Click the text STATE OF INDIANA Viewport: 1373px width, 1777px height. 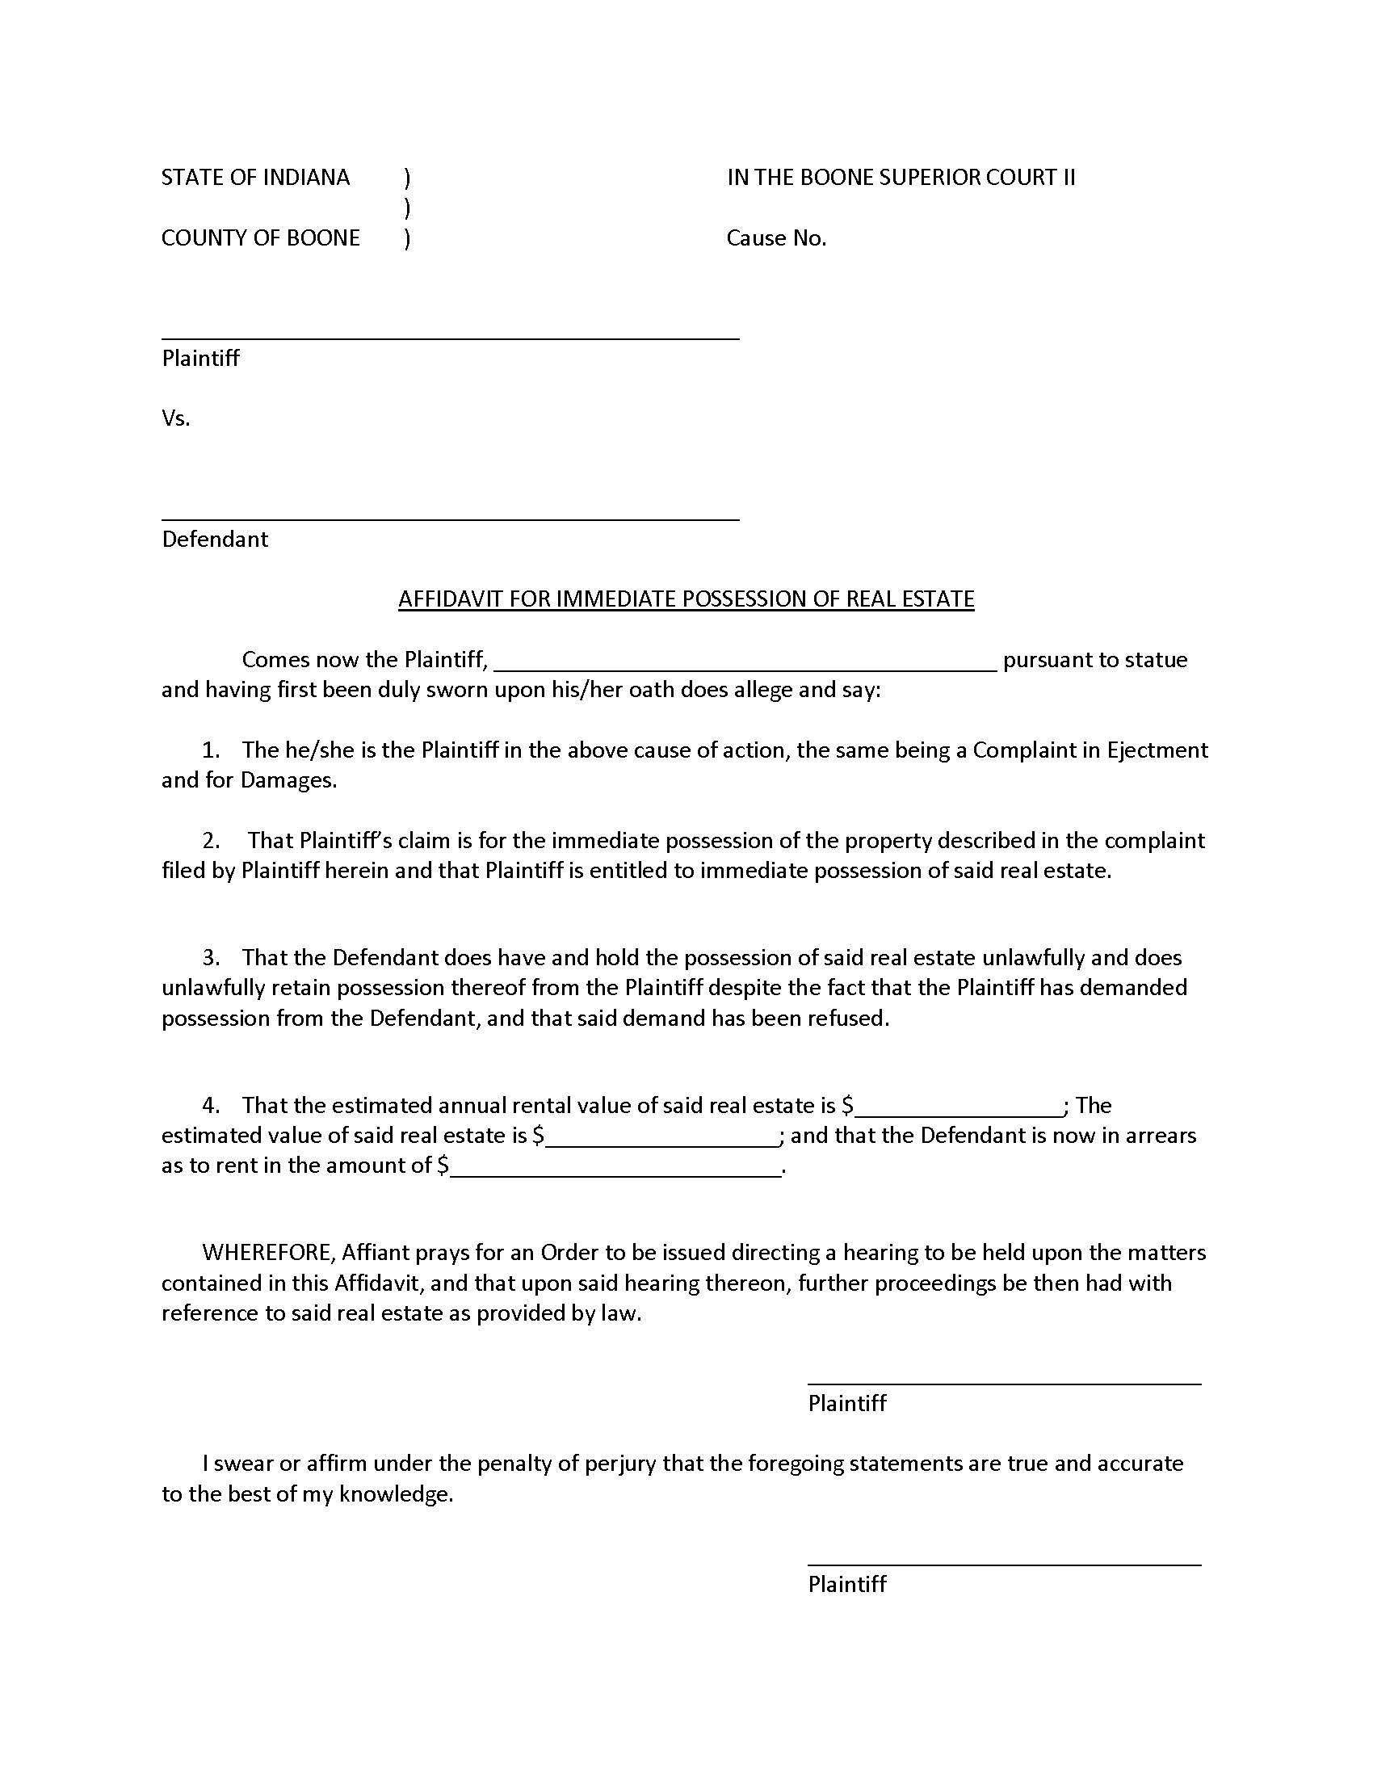tap(254, 178)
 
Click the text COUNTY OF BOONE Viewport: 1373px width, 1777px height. tap(260, 237)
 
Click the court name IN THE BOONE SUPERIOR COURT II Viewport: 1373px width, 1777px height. tap(901, 178)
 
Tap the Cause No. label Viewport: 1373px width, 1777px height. tap(776, 237)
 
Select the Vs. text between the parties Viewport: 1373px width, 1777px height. tap(176, 418)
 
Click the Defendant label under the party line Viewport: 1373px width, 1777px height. tap(215, 539)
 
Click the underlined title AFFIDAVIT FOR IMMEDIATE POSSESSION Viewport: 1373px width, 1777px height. tap(686, 599)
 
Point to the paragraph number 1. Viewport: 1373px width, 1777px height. tap(211, 750)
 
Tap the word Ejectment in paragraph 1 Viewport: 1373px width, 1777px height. tap(1157, 750)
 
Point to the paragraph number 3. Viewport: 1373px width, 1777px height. tap(211, 957)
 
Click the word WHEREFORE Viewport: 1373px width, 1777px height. tap(267, 1252)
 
